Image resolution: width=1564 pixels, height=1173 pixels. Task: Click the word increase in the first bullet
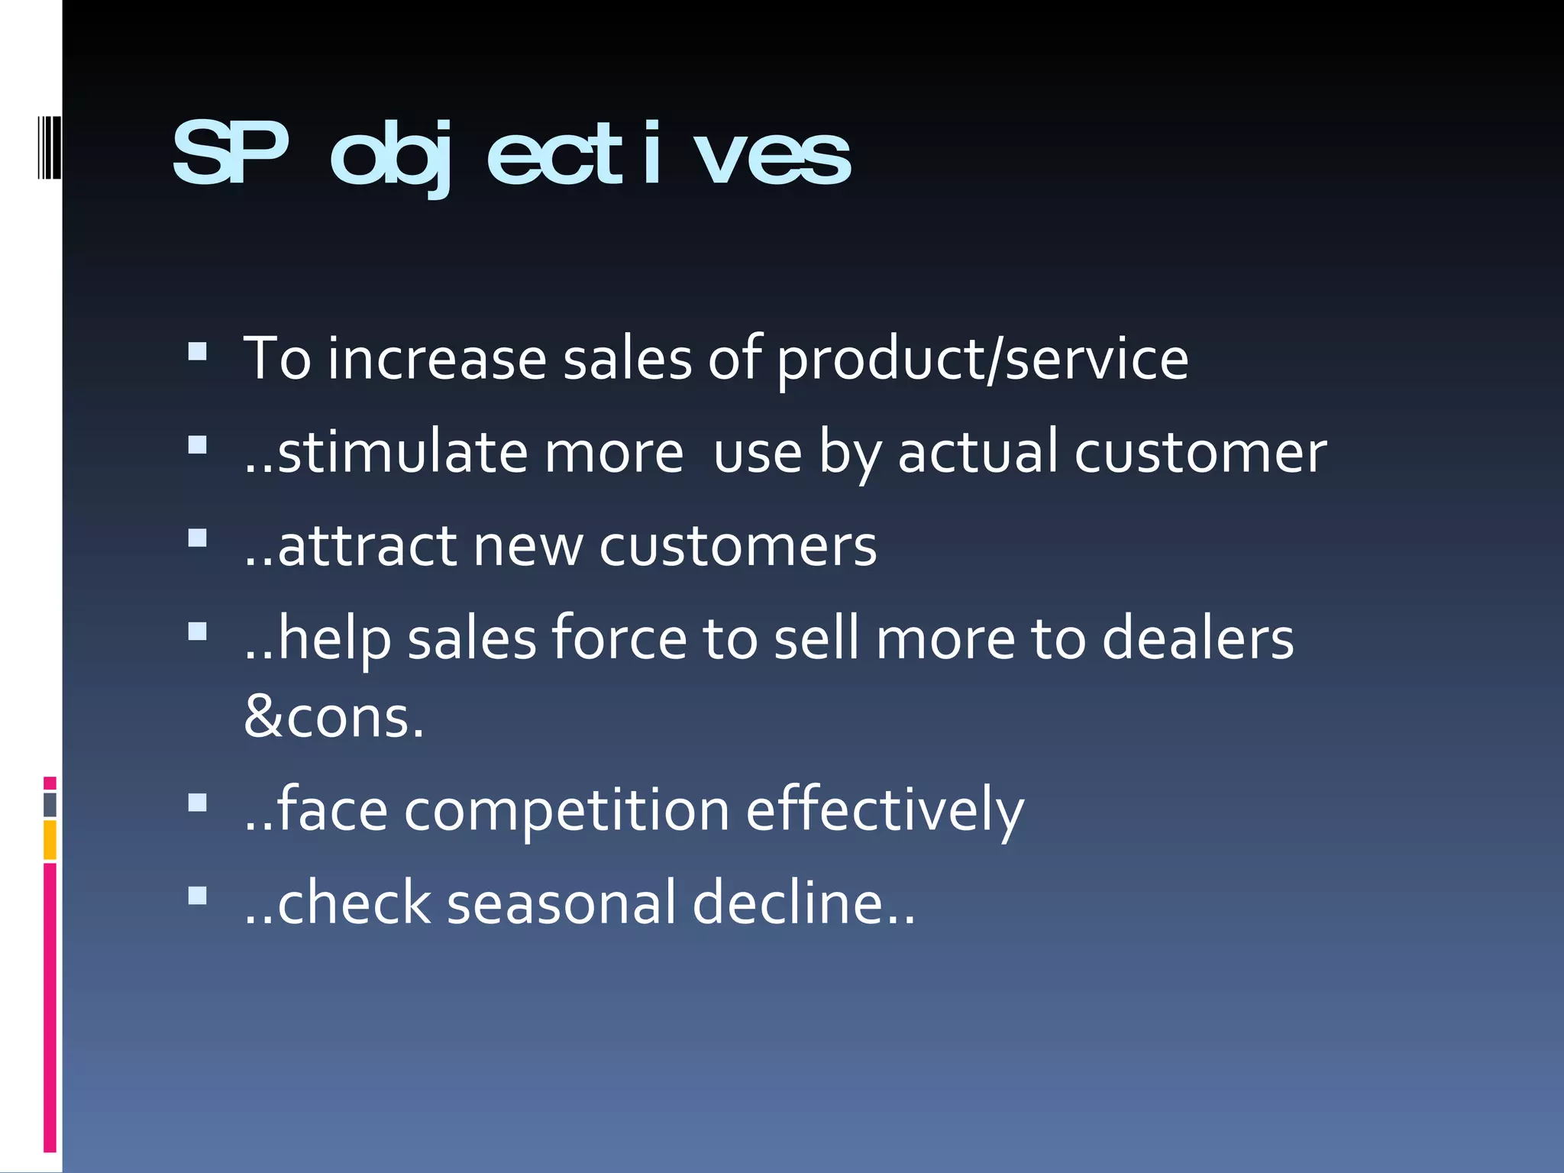(437, 359)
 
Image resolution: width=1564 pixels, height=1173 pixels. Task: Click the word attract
(367, 547)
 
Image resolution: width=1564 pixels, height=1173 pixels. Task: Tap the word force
(619, 639)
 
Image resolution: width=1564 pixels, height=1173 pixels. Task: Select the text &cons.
(334, 719)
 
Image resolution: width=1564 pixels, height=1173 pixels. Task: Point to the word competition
(567, 810)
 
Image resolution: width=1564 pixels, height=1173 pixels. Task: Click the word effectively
(884, 810)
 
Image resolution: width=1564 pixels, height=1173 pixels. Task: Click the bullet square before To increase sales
(198, 351)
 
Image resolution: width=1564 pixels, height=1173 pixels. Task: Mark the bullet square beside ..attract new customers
(198, 538)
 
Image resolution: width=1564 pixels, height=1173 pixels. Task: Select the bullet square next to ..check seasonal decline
(198, 895)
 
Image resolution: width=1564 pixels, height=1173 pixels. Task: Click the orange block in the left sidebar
(50, 840)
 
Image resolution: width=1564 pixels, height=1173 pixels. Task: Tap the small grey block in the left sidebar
(50, 805)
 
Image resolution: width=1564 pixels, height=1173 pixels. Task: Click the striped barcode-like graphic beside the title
(50, 147)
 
